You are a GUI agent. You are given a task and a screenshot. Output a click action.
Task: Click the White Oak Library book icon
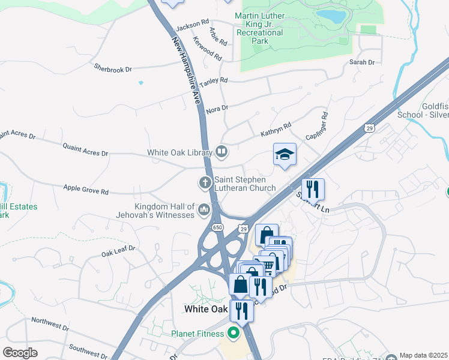click(221, 152)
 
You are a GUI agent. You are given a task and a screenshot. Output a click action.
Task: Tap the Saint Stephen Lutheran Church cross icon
click(205, 181)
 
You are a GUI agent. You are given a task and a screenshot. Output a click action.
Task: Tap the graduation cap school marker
click(285, 155)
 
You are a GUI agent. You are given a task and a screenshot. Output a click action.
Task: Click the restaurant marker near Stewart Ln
click(313, 190)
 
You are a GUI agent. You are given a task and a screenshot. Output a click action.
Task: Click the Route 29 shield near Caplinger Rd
click(369, 127)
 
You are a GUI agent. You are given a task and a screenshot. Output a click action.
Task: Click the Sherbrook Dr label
click(113, 70)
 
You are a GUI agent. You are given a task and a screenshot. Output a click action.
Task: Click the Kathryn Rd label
click(276, 129)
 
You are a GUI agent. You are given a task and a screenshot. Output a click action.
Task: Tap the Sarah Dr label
click(362, 62)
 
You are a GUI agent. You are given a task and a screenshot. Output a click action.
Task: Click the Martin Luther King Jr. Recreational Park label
click(259, 28)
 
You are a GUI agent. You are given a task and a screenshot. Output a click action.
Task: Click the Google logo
click(20, 353)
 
